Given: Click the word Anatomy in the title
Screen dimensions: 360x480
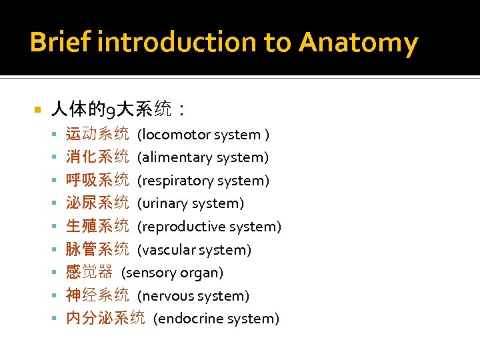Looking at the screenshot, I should (358, 43).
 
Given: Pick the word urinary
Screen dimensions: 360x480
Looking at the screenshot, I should (161, 203).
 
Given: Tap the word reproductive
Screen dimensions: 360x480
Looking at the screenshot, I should (179, 227).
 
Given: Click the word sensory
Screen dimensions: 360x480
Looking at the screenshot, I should (149, 273).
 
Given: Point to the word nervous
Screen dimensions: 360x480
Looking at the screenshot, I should (164, 295).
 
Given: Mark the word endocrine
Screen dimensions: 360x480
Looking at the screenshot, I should (186, 319).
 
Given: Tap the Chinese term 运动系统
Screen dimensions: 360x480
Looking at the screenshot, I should (97, 135).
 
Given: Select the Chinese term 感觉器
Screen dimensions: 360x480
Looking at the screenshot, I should (89, 272).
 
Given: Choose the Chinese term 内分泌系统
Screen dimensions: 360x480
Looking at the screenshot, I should (105, 318).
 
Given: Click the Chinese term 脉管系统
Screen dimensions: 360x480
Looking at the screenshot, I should (97, 249).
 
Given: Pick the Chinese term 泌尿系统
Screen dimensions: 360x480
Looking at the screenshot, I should (97, 203).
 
